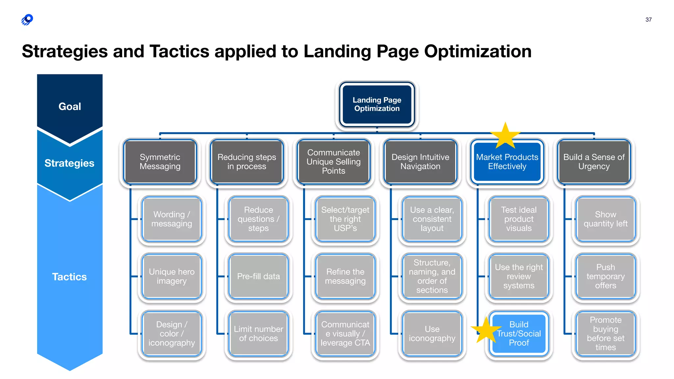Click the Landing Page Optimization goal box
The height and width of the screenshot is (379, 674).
[377, 104]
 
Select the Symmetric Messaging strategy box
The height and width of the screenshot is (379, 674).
[160, 162]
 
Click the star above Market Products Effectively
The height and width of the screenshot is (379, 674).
[505, 136]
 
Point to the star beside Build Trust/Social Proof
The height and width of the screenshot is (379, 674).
[486, 330]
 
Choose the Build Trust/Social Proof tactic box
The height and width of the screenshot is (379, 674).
[519, 334]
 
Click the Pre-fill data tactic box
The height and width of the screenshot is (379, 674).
[258, 276]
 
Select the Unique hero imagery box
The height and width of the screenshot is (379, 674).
[171, 276]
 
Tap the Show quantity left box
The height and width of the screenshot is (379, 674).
[606, 219]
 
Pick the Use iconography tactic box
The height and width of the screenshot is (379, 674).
[432, 334]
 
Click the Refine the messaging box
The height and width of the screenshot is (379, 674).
[345, 276]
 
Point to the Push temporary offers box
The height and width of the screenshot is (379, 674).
[606, 276]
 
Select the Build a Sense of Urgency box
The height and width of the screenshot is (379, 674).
[594, 162]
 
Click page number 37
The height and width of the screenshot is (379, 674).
[648, 20]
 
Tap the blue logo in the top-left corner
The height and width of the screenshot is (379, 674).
[27, 20]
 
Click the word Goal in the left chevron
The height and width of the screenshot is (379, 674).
[70, 107]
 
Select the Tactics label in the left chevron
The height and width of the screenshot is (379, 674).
[69, 277]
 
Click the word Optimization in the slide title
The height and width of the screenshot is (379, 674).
[478, 52]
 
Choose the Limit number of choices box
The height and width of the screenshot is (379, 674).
[258, 334]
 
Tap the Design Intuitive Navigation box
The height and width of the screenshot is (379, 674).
[420, 162]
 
